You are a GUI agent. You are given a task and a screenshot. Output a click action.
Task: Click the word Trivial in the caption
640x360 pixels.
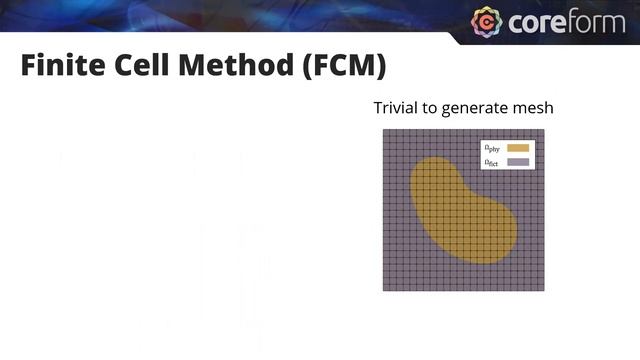395,108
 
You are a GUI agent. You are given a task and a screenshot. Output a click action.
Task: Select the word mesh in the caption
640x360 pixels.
534,108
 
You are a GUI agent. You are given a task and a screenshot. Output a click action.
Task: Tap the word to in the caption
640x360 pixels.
429,108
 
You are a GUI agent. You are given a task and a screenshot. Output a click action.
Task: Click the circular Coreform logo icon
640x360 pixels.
486,22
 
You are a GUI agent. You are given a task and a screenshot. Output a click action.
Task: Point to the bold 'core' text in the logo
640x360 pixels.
537,22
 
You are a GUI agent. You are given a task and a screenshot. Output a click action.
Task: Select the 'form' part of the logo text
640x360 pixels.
599,22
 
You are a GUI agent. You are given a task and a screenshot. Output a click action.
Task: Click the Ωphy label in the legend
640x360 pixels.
492,149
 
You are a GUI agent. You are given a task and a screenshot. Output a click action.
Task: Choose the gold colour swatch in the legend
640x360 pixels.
518,148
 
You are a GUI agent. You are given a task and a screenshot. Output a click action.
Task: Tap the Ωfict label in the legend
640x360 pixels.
492,162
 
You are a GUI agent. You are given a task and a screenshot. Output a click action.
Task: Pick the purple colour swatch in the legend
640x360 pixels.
518,162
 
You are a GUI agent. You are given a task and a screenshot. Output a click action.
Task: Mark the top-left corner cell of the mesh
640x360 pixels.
387,135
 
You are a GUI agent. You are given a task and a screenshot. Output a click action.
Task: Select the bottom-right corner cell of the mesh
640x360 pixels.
540,287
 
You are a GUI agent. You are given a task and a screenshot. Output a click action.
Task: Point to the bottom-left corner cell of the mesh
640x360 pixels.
387,287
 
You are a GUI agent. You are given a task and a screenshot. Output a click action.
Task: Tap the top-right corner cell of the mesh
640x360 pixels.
540,135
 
